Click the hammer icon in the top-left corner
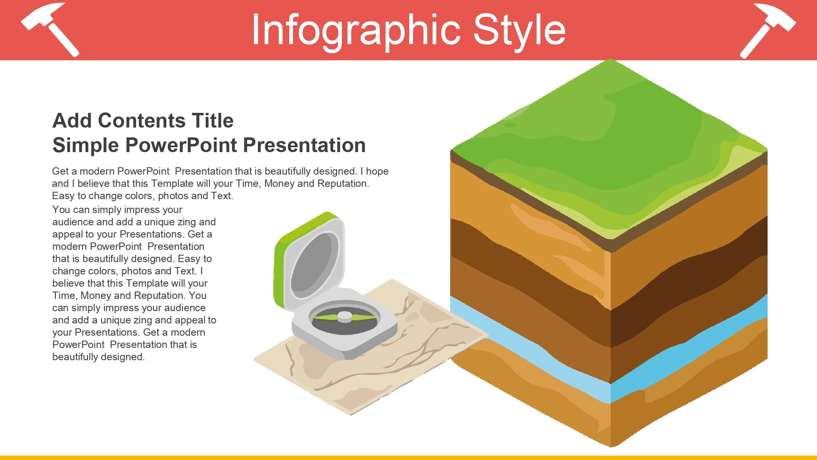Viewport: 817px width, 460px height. [50, 29]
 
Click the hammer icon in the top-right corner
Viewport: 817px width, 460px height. [768, 30]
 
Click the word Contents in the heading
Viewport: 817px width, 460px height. [142, 121]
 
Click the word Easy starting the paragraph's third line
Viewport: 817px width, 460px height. [63, 196]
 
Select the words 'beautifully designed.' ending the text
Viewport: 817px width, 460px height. [98, 357]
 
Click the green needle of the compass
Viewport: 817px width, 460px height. [344, 317]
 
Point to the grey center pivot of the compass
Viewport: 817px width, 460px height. [344, 316]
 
